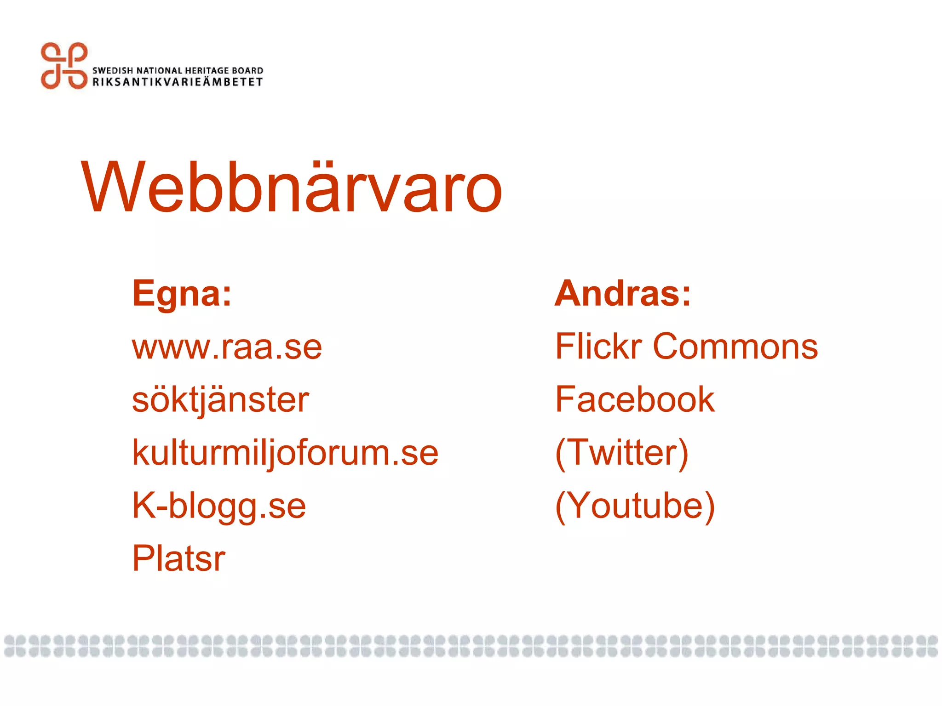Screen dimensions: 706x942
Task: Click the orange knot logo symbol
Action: pos(64,66)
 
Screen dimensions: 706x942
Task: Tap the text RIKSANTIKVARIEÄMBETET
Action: pos(178,82)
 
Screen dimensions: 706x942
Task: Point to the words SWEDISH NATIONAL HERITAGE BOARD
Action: pos(178,70)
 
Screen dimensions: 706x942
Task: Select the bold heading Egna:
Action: pos(182,294)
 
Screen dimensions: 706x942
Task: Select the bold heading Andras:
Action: pos(623,294)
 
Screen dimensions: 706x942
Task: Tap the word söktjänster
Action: pos(220,400)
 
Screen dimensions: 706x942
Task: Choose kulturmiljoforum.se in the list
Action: pos(285,453)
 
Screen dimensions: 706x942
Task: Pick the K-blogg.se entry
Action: pos(219,506)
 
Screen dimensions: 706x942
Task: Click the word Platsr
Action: pos(178,558)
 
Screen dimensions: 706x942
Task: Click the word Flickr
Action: pos(598,347)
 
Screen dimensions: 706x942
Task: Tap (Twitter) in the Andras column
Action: pos(622,453)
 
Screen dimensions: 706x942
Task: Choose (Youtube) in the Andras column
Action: pos(635,506)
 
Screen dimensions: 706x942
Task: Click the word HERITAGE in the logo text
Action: pos(207,70)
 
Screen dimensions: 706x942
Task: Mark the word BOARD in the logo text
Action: pos(247,70)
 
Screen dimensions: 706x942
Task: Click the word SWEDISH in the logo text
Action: pos(113,70)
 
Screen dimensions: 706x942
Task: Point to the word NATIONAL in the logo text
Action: pos(160,70)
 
